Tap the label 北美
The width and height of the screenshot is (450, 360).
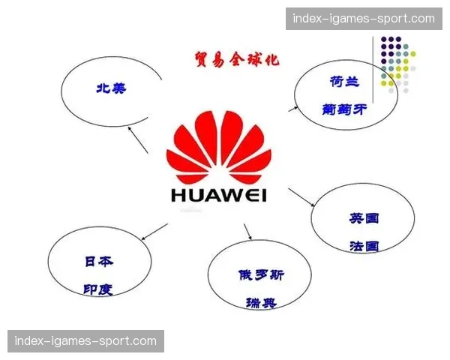click(x=110, y=88)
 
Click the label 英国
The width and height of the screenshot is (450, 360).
click(x=364, y=218)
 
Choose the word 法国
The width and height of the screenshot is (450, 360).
click(x=364, y=245)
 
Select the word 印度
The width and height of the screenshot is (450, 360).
click(x=98, y=289)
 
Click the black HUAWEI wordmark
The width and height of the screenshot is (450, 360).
click(x=218, y=196)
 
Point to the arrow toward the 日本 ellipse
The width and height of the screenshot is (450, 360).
click(x=154, y=232)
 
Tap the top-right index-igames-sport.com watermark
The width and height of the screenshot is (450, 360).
click(x=362, y=18)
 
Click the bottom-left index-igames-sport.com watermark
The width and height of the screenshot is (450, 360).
click(x=86, y=341)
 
